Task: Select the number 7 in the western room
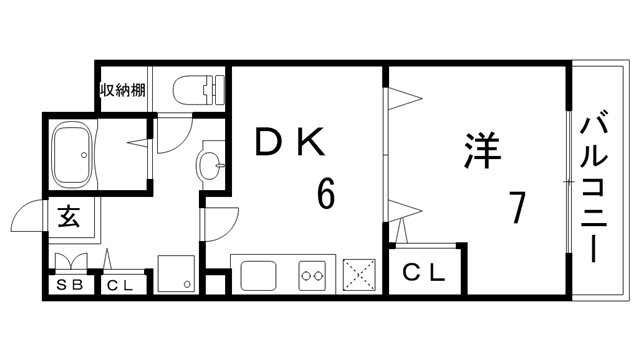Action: tap(517, 207)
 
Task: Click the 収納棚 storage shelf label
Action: tap(123, 90)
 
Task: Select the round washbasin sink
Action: tap(212, 164)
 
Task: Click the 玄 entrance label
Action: tap(69, 214)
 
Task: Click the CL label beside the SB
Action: tap(120, 285)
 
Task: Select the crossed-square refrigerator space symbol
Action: tap(357, 274)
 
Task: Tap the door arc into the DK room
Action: tap(219, 220)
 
